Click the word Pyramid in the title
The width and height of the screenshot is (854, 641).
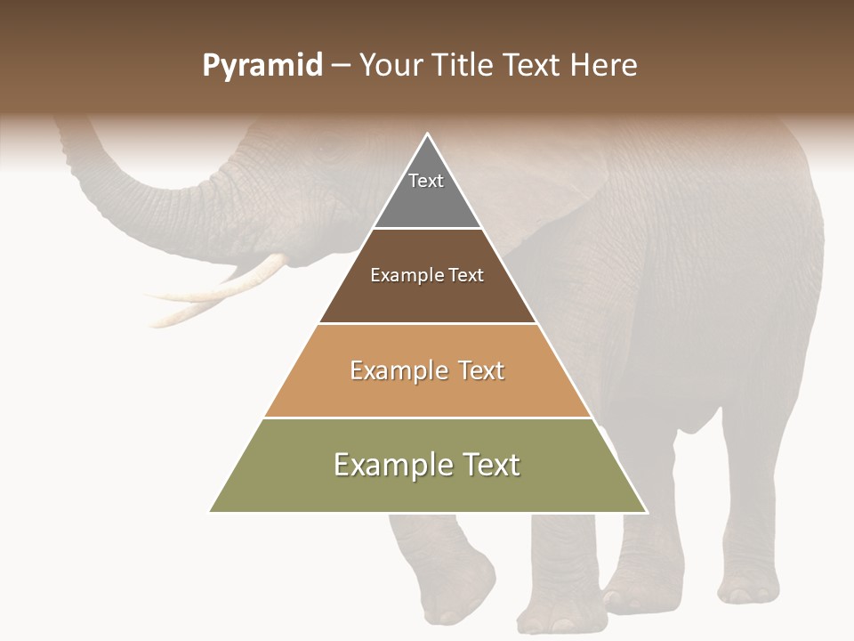(262, 66)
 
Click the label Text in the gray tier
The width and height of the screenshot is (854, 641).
(426, 181)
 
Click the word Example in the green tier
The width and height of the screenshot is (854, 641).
(388, 465)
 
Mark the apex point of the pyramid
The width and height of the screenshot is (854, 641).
(428, 134)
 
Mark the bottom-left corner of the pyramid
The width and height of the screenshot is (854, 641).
(210, 512)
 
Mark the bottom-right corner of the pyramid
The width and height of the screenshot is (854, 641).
(647, 512)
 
